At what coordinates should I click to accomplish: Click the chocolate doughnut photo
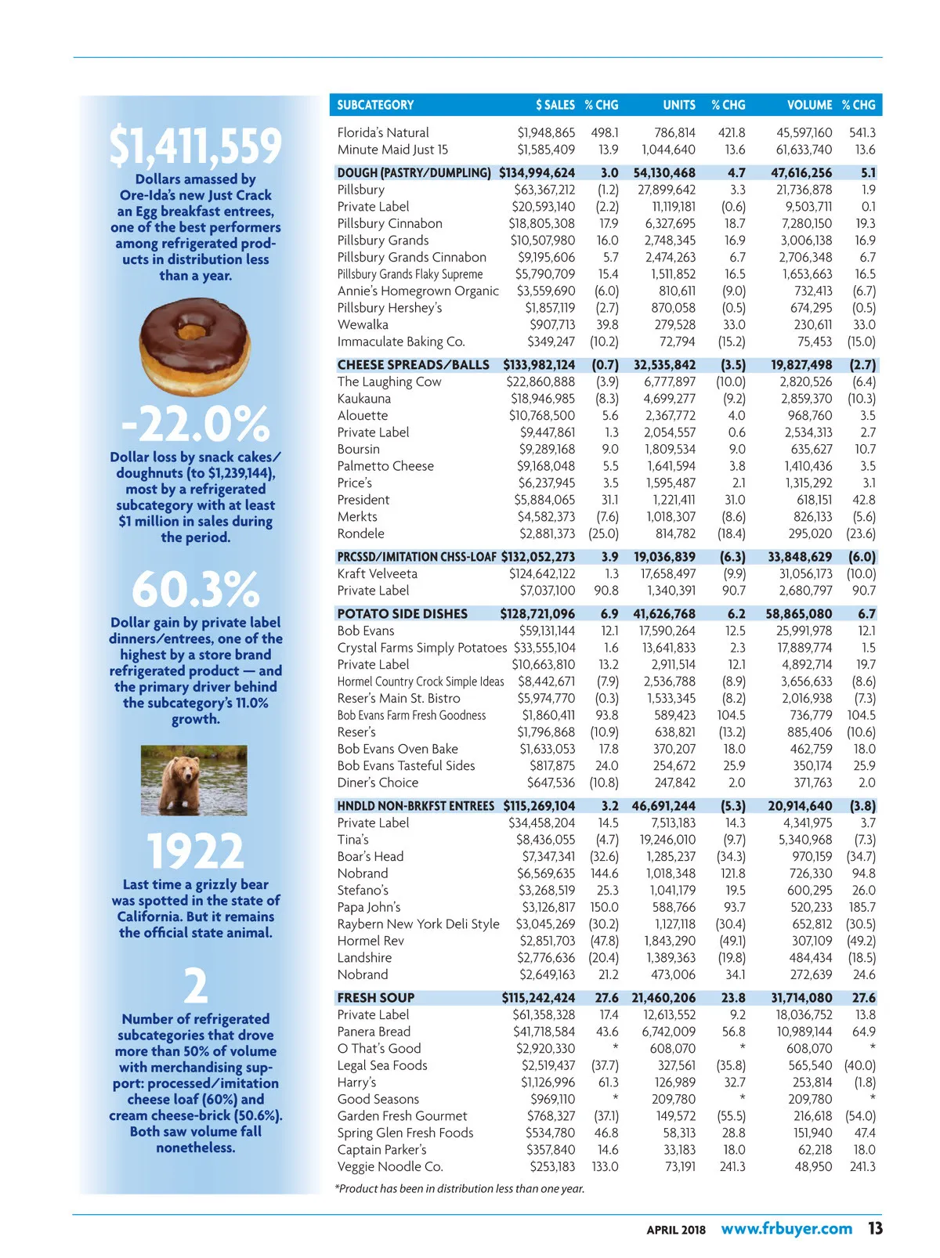[x=195, y=348]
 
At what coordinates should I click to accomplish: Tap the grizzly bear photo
[x=194, y=780]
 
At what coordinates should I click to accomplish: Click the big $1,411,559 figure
[x=195, y=146]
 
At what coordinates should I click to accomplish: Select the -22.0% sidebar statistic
[x=195, y=425]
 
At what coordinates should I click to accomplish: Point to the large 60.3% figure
[x=195, y=589]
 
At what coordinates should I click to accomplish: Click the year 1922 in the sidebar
[x=195, y=851]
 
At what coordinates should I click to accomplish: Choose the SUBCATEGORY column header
[x=375, y=105]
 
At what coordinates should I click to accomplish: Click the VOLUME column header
[x=809, y=105]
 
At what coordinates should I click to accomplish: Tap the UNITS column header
[x=678, y=105]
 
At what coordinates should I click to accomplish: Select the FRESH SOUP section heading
[x=376, y=998]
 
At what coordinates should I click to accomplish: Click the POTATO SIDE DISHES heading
[x=402, y=614]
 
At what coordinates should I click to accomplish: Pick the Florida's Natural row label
[x=383, y=133]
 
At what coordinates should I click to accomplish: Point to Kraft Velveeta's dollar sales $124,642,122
[x=542, y=574]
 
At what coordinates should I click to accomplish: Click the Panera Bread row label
[x=374, y=1032]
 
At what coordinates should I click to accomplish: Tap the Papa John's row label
[x=369, y=907]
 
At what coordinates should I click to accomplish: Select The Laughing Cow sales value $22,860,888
[x=540, y=382]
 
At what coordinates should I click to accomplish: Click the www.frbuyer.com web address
[x=786, y=1228]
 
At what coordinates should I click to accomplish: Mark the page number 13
[x=874, y=1228]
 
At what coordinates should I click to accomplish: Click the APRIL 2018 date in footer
[x=675, y=1230]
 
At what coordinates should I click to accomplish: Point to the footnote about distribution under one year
[x=460, y=1188]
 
